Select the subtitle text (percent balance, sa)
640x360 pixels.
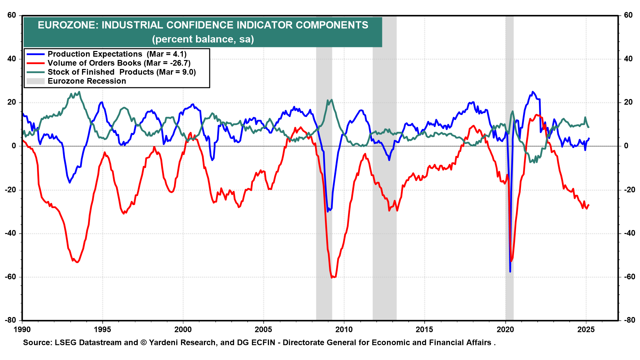click(203, 39)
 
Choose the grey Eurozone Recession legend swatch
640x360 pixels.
click(35, 81)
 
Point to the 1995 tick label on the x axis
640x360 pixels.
click(102, 330)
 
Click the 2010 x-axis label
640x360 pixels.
click(344, 330)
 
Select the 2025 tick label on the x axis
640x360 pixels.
click(586, 330)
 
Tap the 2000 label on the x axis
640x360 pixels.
click(183, 330)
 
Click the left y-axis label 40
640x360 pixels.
click(12, 59)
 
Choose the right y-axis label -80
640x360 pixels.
click(628, 320)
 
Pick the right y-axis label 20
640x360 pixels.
click(628, 102)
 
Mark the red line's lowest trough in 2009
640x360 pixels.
click(332, 277)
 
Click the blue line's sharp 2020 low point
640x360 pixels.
click(510, 272)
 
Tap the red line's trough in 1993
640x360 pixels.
click(77, 262)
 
